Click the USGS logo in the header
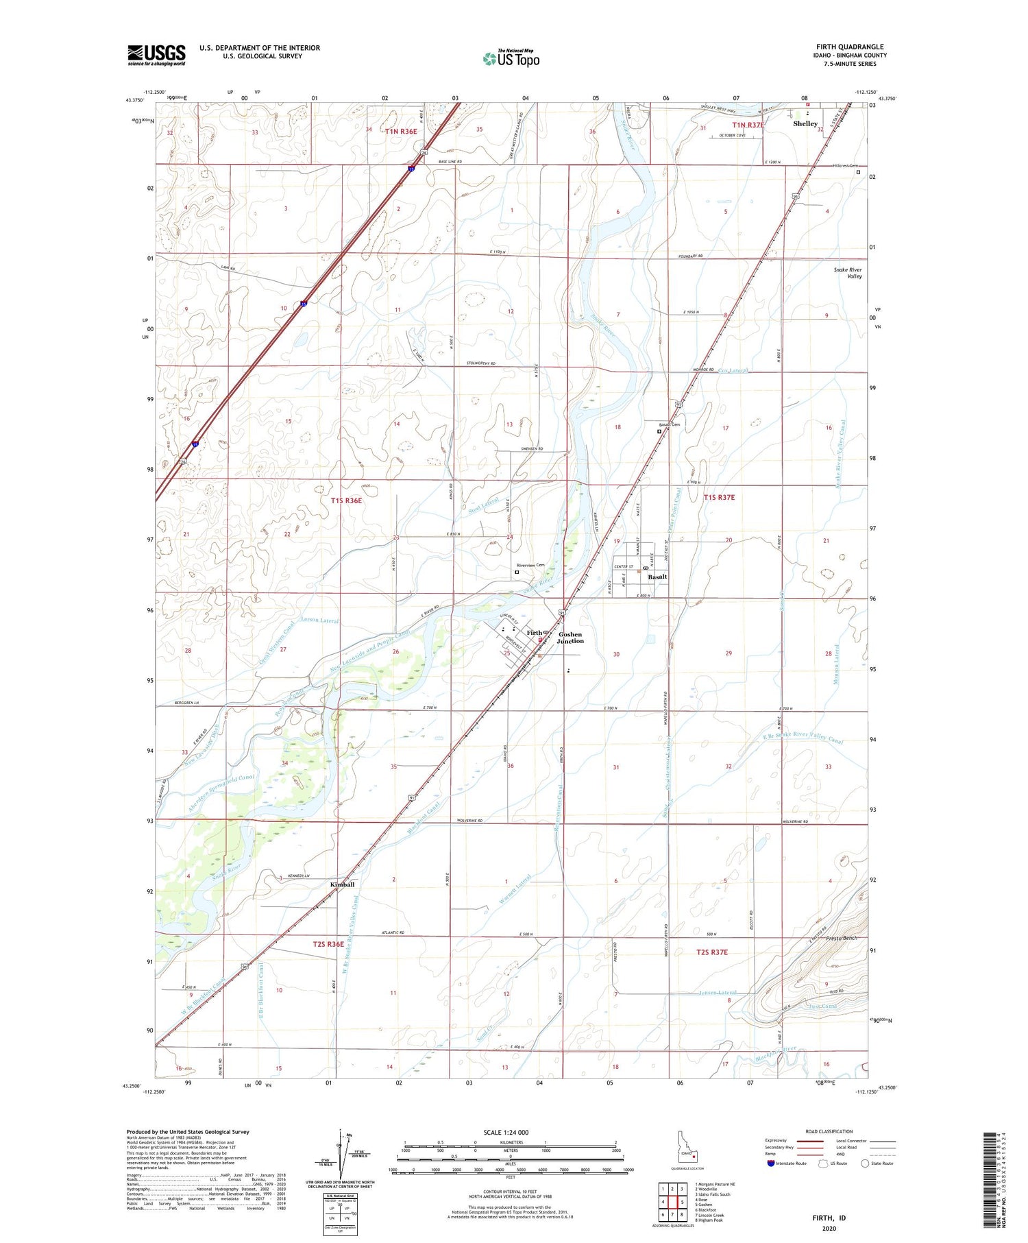[156, 55]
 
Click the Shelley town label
[805, 124]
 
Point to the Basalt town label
[658, 577]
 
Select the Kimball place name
[343, 884]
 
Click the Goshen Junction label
[570, 638]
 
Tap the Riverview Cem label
[530, 566]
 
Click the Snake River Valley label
[848, 273]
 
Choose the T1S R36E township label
[346, 500]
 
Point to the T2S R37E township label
[712, 952]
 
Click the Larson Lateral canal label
[319, 620]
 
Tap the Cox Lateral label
[734, 370]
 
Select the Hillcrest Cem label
[845, 166]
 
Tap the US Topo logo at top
[511, 58]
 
